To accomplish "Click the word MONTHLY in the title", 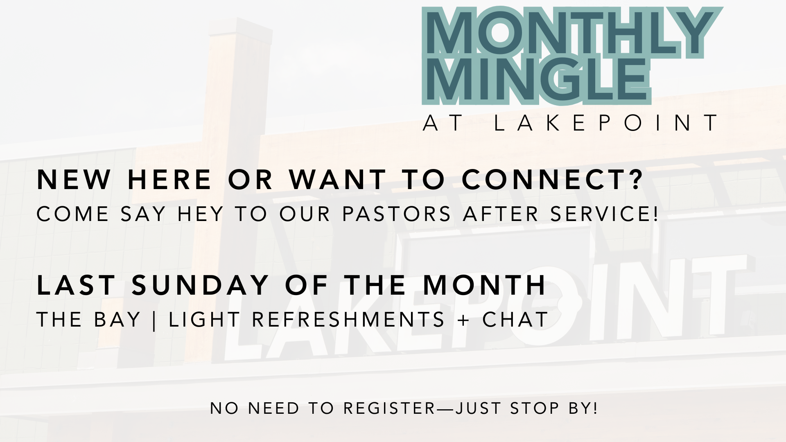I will pyautogui.click(x=571, y=34).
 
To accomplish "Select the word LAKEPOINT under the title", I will pyautogui.click(x=606, y=123).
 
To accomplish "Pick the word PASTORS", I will pyautogui.click(x=396, y=214).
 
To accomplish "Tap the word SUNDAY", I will pyautogui.click(x=200, y=285).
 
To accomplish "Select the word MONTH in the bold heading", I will pyautogui.click(x=485, y=285).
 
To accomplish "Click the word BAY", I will pyautogui.click(x=117, y=320).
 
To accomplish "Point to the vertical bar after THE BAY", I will pyautogui.click(x=154, y=320).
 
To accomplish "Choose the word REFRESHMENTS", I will pyautogui.click(x=348, y=320).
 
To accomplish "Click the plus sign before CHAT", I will pyautogui.click(x=463, y=320).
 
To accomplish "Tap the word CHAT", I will pyautogui.click(x=515, y=320).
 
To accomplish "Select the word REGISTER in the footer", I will pyautogui.click(x=390, y=408).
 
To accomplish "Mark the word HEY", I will pyautogui.click(x=201, y=214).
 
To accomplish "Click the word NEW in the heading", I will pyautogui.click(x=74, y=180).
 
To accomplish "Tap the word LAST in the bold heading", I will pyautogui.click(x=76, y=285).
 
